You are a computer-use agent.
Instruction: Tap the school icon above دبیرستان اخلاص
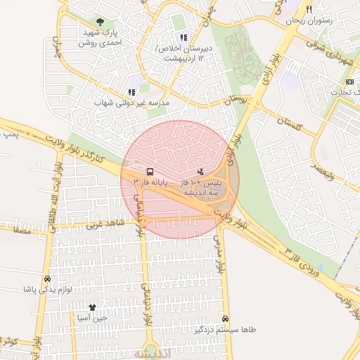pyautogui.click(x=184, y=37)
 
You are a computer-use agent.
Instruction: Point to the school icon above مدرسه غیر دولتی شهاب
pyautogui.click(x=131, y=92)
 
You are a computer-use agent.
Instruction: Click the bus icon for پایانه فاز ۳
pyautogui.click(x=150, y=171)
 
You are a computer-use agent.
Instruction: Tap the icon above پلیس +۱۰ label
pyautogui.click(x=200, y=171)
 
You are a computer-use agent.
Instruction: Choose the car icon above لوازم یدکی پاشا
pyautogui.click(x=47, y=278)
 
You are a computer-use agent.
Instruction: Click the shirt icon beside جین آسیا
pyautogui.click(x=92, y=307)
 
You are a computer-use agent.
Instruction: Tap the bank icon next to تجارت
pyautogui.click(x=349, y=83)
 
